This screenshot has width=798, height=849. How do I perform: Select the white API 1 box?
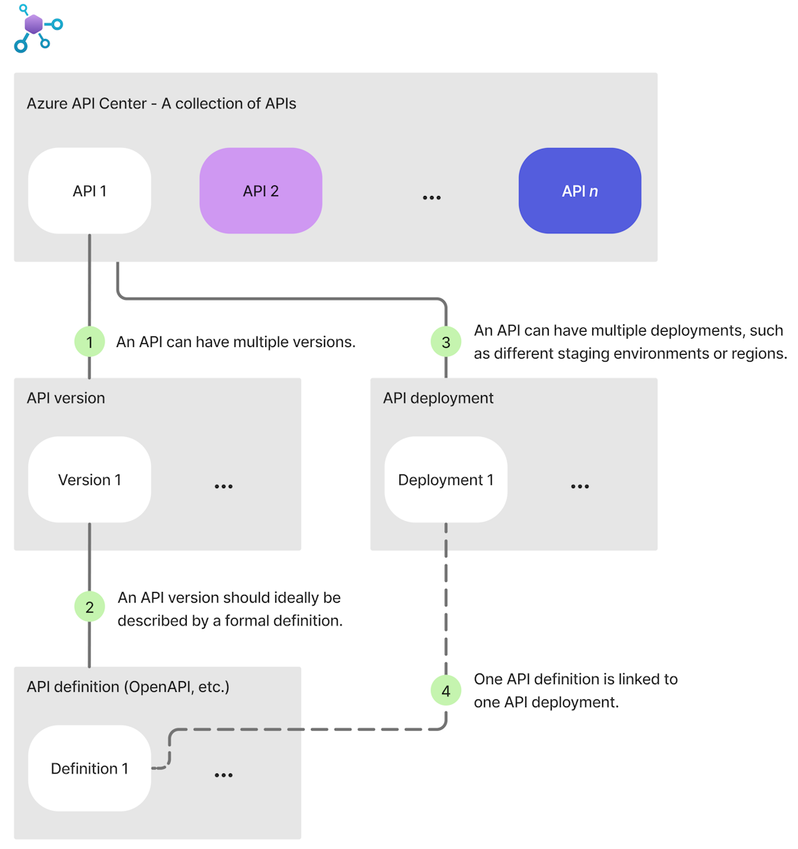(89, 191)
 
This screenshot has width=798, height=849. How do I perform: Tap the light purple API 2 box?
(261, 191)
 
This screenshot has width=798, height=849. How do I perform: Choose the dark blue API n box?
(579, 191)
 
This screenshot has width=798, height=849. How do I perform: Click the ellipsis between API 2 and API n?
(431, 198)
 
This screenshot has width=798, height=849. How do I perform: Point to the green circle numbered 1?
(90, 342)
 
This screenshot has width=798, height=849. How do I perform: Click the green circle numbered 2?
(90, 607)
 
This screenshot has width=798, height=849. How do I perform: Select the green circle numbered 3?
(446, 342)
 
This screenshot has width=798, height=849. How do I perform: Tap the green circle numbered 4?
(446, 691)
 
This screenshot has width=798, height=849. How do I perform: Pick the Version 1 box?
(89, 480)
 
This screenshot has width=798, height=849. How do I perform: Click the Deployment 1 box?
(446, 480)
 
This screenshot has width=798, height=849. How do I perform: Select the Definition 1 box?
(89, 768)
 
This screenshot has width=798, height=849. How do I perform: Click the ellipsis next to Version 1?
(223, 487)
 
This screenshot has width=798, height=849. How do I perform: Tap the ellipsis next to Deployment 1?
(579, 487)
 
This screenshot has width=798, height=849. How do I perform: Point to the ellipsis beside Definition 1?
(223, 775)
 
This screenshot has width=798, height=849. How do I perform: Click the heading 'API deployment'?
(438, 398)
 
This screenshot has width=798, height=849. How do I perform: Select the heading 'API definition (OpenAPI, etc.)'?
(128, 687)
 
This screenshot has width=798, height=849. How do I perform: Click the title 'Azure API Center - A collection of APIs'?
(162, 103)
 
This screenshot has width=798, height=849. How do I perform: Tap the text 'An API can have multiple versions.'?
(236, 342)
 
